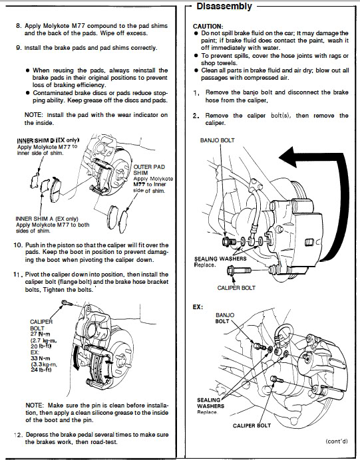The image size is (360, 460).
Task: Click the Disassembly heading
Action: pyautogui.click(x=224, y=6)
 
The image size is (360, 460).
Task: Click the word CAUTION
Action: pyautogui.click(x=208, y=27)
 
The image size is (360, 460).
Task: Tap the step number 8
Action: pyautogui.click(x=19, y=26)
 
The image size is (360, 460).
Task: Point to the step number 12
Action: pyautogui.click(x=18, y=435)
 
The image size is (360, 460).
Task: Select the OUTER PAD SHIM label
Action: pyautogui.click(x=149, y=170)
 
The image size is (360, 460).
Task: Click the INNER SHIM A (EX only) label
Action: pyautogui.click(x=47, y=219)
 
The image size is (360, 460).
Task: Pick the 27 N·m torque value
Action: pyautogui.click(x=40, y=334)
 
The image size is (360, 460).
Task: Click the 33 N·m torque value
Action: pyautogui.click(x=40, y=358)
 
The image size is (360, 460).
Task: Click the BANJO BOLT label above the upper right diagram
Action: pyautogui.click(x=218, y=140)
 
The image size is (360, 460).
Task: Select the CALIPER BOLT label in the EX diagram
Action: pyautogui.click(x=252, y=425)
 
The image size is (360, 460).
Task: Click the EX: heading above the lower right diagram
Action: pyautogui.click(x=198, y=307)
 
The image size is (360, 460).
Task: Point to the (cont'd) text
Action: pyautogui.click(x=337, y=441)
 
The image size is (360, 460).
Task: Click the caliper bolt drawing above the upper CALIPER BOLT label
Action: pyautogui.click(x=239, y=270)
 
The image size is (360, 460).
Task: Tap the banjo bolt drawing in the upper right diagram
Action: pyautogui.click(x=229, y=241)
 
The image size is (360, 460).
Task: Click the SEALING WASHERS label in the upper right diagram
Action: pyautogui.click(x=220, y=259)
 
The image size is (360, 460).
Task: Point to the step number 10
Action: pyautogui.click(x=18, y=245)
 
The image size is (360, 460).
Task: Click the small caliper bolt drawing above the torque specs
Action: pyautogui.click(x=67, y=302)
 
